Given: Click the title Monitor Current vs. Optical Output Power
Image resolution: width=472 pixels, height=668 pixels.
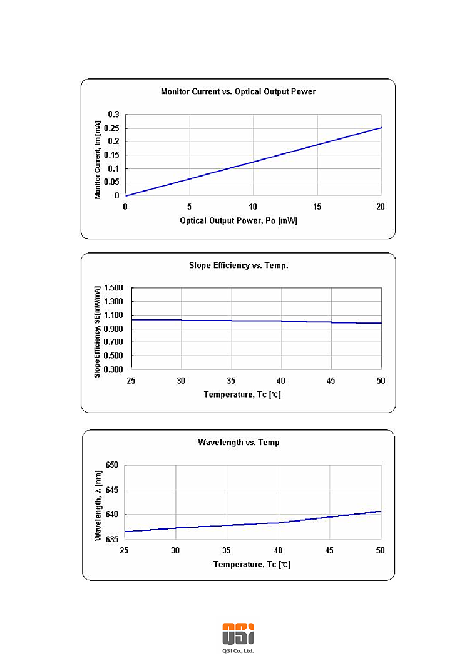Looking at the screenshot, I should tap(238, 91).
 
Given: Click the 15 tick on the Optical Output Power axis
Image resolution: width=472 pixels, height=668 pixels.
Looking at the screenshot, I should tap(317, 207).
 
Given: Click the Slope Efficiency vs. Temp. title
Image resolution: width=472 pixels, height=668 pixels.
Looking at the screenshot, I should tap(239, 265).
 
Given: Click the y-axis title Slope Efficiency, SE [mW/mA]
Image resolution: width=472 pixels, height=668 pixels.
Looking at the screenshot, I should tap(98, 331).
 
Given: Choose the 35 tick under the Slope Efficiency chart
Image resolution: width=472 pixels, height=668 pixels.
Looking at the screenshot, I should tap(232, 381).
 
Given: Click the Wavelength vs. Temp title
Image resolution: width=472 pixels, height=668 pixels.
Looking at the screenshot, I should tap(239, 442).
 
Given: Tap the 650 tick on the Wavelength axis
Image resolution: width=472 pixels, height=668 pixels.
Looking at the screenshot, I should tap(111, 465).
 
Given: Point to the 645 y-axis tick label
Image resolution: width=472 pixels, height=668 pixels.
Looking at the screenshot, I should tap(111, 490).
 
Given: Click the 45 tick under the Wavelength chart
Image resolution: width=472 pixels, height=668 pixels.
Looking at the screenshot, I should tap(329, 550).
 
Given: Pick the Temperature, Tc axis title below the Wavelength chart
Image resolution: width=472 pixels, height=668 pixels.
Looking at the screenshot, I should tap(252, 564).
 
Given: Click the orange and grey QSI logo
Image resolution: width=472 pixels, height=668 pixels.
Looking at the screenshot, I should tap(238, 633).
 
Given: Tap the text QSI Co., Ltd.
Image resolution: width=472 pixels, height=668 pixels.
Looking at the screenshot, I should tap(238, 651).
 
